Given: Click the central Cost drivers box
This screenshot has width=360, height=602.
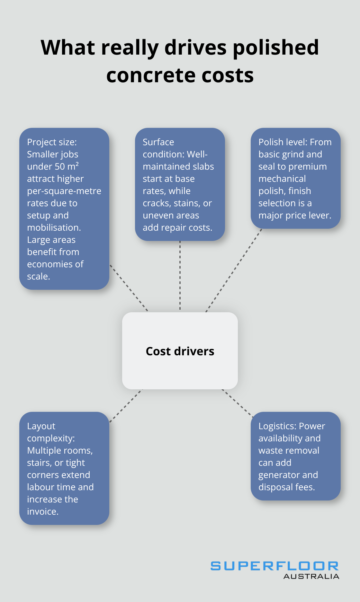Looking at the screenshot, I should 180,351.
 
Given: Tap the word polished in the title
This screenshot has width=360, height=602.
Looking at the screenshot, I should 275,48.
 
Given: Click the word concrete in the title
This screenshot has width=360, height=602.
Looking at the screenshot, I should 151,75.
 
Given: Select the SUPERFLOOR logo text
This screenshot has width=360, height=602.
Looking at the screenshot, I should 274,566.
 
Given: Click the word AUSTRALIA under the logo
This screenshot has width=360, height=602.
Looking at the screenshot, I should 311,577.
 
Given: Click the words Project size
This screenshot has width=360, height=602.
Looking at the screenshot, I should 51,142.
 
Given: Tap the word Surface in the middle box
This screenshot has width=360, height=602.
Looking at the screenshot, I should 158,142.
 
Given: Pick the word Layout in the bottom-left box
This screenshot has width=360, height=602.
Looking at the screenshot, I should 41,426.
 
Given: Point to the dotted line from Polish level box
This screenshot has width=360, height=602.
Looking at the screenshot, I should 234,270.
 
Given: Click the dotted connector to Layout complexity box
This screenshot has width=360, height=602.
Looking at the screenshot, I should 126,406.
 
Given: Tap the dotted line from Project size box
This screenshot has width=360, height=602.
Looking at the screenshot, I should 129,288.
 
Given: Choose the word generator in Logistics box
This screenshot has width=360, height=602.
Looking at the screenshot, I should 279,475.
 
